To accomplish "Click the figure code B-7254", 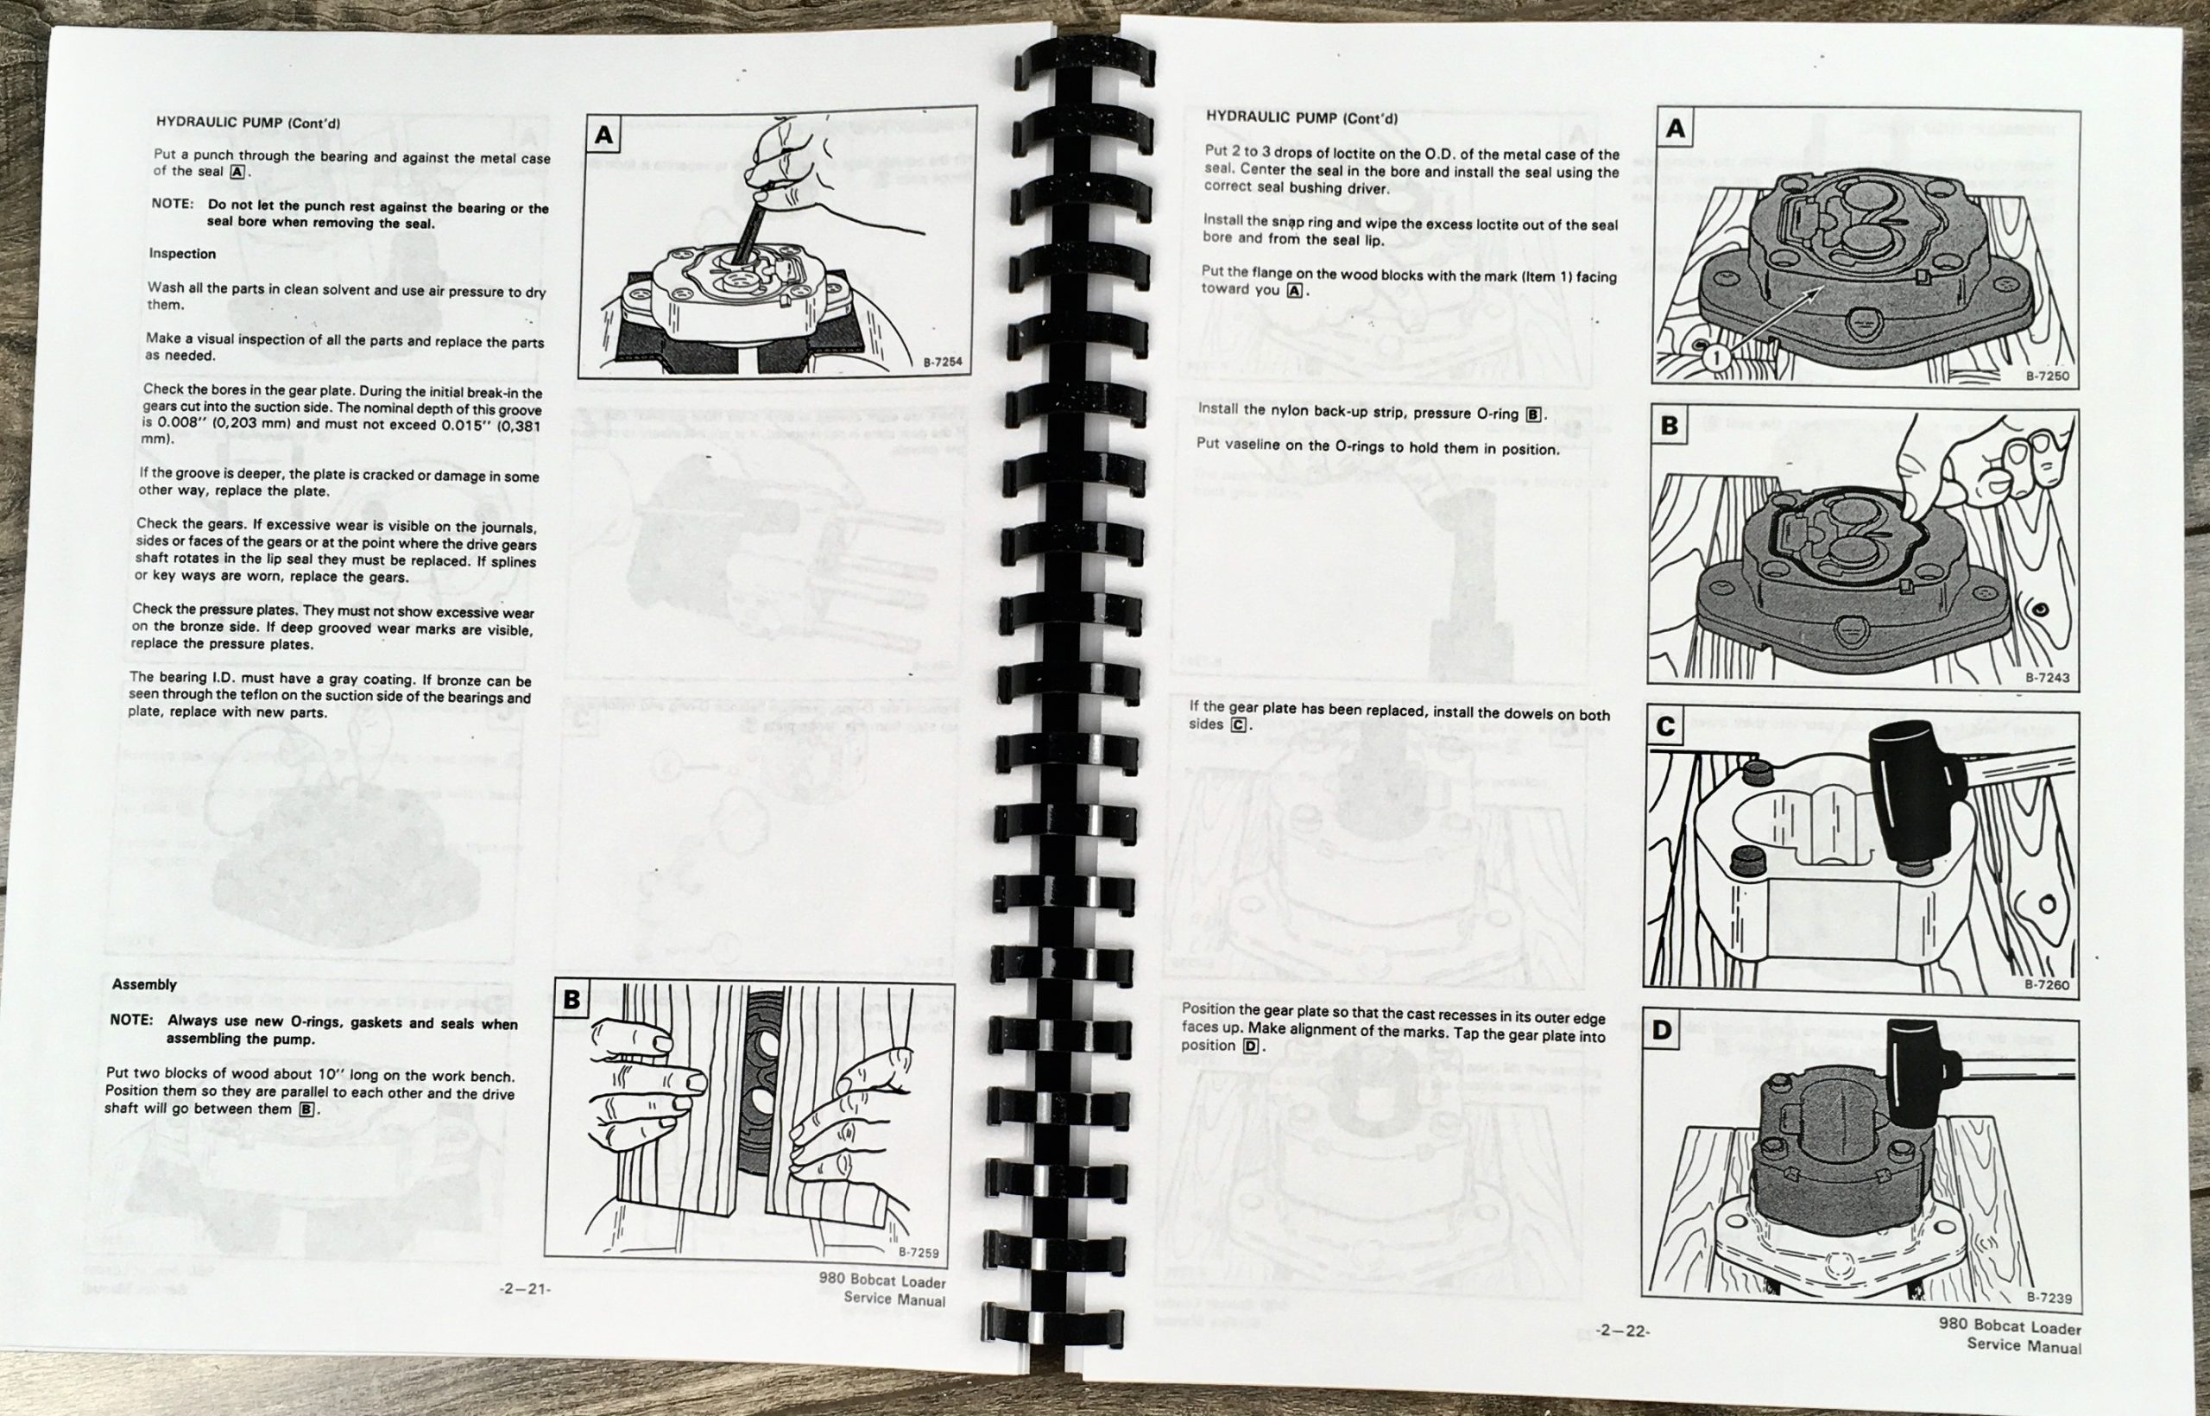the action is (943, 363).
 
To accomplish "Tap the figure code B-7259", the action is (918, 1252).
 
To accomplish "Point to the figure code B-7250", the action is (2048, 376).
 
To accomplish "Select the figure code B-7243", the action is (2048, 678).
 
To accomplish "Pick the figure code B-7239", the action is (2049, 1299).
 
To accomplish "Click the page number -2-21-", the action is (525, 1288).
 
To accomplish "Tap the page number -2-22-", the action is (1623, 1330).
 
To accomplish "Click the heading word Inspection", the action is (182, 254).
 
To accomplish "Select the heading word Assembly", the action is (144, 983).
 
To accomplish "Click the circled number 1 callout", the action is (1716, 357).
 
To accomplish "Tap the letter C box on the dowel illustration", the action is (1665, 727).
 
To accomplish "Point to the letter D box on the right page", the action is (1662, 1029).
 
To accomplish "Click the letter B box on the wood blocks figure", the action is (571, 1000).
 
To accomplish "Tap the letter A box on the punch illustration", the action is (603, 136).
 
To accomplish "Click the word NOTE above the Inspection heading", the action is (172, 203).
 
